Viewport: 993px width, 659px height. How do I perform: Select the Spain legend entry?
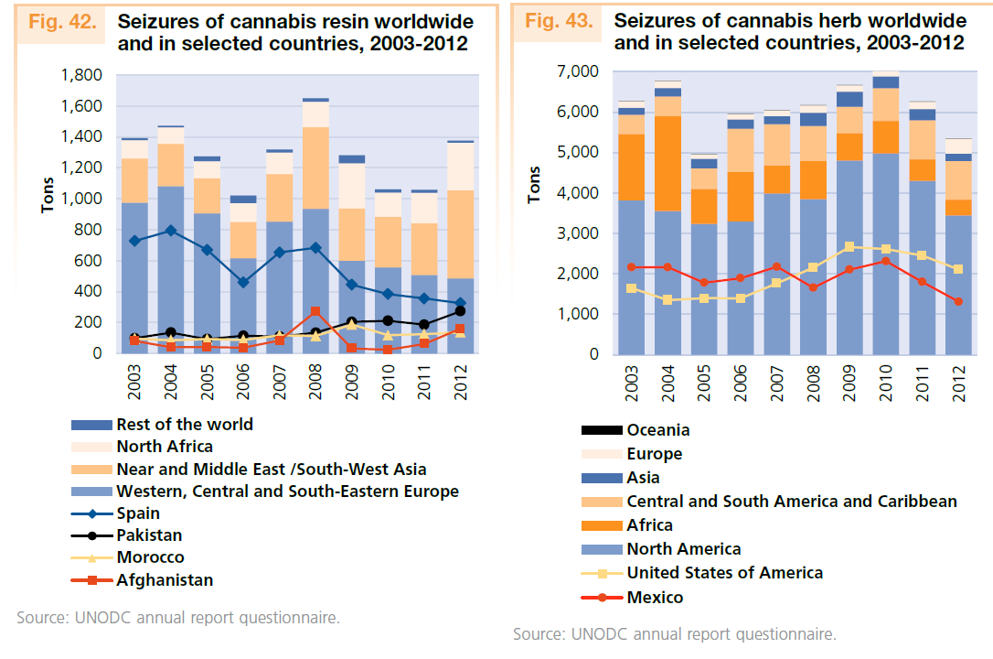tap(137, 513)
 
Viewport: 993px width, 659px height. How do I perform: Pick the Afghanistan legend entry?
tap(165, 579)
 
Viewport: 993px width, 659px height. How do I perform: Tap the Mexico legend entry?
tap(654, 598)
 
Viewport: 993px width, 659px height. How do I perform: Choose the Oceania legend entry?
tap(657, 430)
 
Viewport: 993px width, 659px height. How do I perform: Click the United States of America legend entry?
tap(724, 573)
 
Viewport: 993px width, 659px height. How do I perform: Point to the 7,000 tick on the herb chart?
tap(577, 71)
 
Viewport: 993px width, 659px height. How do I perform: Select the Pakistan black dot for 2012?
tap(460, 311)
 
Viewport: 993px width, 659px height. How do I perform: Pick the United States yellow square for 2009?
tap(850, 246)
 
